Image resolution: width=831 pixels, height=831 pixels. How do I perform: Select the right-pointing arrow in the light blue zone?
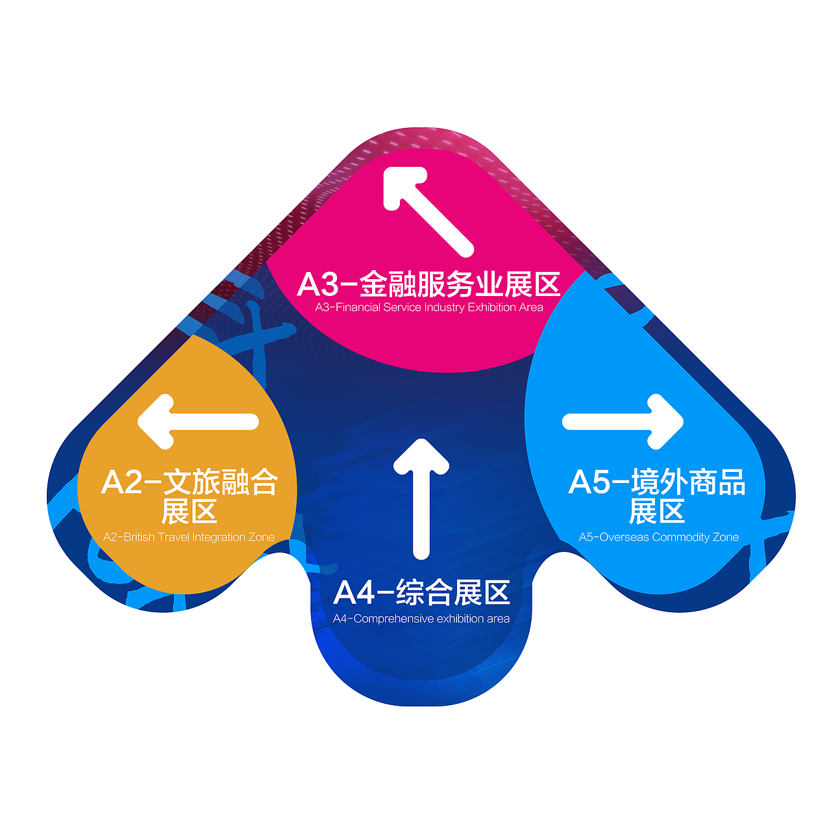coord(623,422)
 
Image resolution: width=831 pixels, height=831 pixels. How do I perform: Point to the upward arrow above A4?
coord(421,497)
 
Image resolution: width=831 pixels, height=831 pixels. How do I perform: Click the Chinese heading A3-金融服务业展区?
coord(428,284)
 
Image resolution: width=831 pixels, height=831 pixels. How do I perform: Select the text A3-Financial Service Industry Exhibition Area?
coord(428,308)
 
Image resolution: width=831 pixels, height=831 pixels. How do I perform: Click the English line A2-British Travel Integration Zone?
coord(189,538)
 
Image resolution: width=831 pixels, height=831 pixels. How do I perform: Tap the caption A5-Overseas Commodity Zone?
coord(658,538)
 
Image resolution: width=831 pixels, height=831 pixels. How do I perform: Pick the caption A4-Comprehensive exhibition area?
coord(421,619)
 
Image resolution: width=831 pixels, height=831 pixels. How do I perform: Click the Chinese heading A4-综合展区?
coord(421,592)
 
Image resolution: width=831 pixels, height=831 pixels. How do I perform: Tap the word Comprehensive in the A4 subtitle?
coord(393,619)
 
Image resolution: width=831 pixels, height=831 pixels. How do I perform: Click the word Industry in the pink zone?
coord(444,308)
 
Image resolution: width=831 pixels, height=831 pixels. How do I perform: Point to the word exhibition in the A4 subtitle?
coord(460,619)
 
